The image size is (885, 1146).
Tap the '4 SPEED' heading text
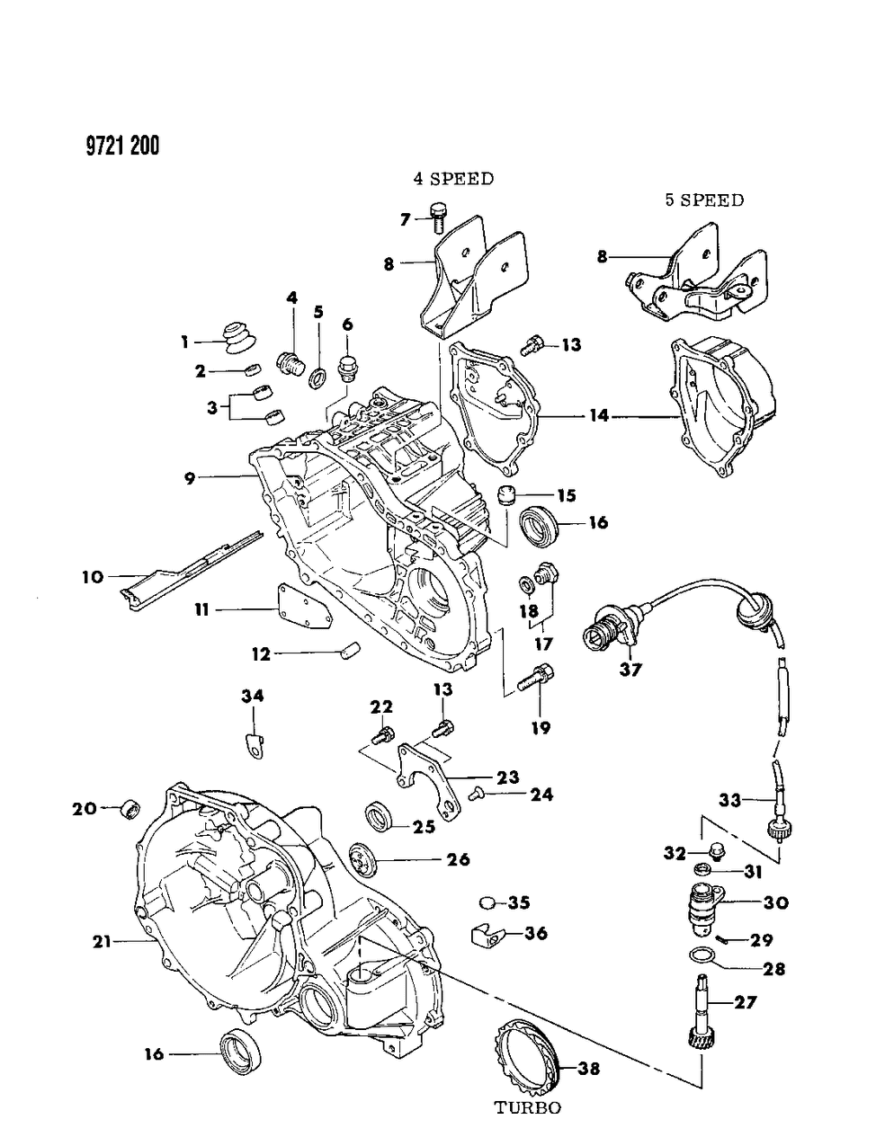pos(453,179)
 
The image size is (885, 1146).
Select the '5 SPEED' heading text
pos(704,200)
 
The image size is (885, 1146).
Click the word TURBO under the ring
pos(528,1108)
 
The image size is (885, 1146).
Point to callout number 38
pos(589,1069)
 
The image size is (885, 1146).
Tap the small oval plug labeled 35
pos(489,902)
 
